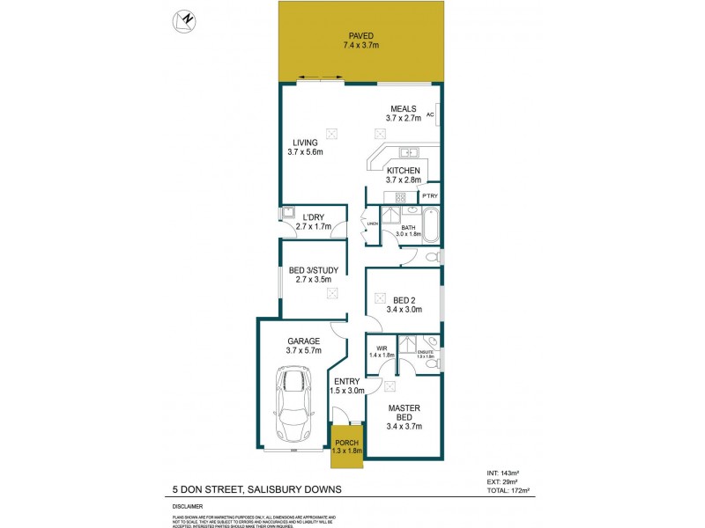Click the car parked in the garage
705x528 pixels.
click(x=293, y=404)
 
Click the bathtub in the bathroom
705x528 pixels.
click(x=431, y=224)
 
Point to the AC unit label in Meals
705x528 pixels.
click(x=430, y=114)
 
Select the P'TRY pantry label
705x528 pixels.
click(x=429, y=195)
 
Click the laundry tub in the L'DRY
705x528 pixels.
click(x=287, y=213)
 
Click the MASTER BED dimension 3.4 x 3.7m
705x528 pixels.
click(x=404, y=427)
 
